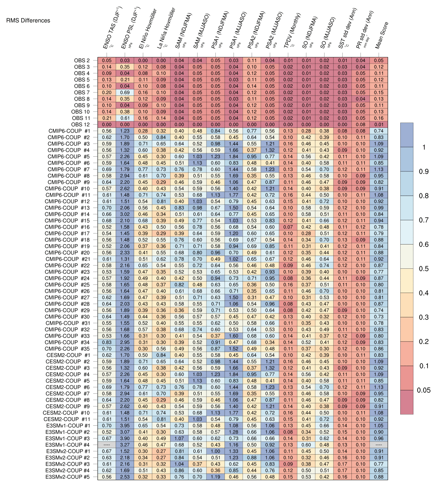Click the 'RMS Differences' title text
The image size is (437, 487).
pyautogui.click(x=28, y=21)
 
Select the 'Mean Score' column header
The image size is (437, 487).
pyautogui.click(x=382, y=35)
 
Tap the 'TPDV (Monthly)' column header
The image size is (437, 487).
pyautogui.click(x=292, y=31)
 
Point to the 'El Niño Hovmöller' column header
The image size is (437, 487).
pyautogui.click(x=148, y=29)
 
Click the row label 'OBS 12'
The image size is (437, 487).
pyautogui.click(x=80, y=125)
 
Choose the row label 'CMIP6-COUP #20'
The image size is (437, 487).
pyautogui.click(x=67, y=253)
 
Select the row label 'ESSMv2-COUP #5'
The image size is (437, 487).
pyautogui.click(x=68, y=477)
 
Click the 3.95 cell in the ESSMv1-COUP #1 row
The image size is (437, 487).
pyautogui.click(x=125, y=426)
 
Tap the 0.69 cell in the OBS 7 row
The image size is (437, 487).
pyautogui.click(x=125, y=93)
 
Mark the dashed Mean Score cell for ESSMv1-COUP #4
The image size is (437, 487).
pyautogui.click(x=379, y=445)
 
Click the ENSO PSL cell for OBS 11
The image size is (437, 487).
pyautogui.click(x=125, y=118)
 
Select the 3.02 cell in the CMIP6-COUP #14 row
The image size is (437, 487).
pyautogui.click(x=125, y=214)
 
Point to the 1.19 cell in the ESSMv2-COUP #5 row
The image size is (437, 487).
pyautogui.click(x=216, y=477)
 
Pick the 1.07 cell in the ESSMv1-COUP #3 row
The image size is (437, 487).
pyautogui.click(x=179, y=438)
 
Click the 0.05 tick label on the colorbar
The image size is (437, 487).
pyautogui.click(x=424, y=390)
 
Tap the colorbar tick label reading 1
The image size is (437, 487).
pyautogui.click(x=424, y=147)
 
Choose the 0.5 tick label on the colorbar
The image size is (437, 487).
pyautogui.click(x=424, y=269)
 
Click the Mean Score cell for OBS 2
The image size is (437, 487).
pyautogui.click(x=379, y=61)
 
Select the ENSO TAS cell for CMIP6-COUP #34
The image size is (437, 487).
pyautogui.click(x=107, y=342)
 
